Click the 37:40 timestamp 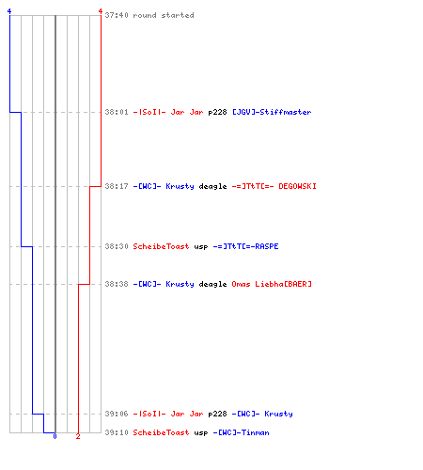tap(117, 15)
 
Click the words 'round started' tap(164, 15)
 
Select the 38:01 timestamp tap(117, 112)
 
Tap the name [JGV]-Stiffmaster tap(272, 112)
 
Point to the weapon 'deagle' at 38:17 tap(212, 187)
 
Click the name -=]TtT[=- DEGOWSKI tap(274, 186)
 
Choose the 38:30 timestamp tap(117, 246)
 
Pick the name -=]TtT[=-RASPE tap(245, 246)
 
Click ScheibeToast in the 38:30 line tap(161, 246)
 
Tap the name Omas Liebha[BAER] tap(272, 284)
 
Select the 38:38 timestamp tap(117, 284)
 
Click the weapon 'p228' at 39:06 tap(217, 415)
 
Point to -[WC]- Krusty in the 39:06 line tap(262, 414)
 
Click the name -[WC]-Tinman tap(241, 432)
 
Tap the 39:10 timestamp tap(117, 432)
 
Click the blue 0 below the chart tap(55, 436)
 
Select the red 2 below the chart tap(78, 436)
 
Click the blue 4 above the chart tap(9, 11)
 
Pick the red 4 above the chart tap(101, 11)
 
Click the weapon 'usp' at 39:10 tap(201, 433)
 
